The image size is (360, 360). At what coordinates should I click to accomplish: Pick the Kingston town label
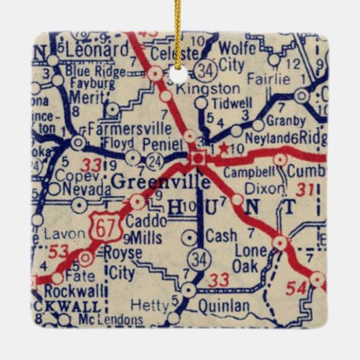coord(198,88)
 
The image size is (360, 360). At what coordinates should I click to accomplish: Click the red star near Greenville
coord(223,147)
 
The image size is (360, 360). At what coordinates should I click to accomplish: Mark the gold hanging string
coord(179,34)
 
